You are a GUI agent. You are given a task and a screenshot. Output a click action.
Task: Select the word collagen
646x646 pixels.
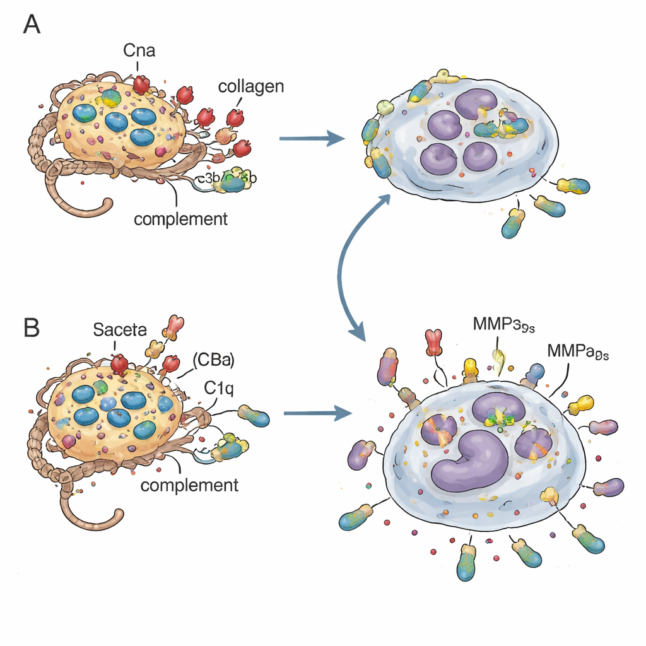tap(251, 86)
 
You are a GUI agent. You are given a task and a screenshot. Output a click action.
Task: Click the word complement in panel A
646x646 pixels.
tap(180, 220)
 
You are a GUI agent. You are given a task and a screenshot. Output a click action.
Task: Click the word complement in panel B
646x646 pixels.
tap(189, 485)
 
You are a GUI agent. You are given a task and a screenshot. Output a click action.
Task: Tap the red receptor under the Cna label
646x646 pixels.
tap(141, 84)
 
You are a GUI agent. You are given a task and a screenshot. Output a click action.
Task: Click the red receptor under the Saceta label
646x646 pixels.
tap(119, 364)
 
